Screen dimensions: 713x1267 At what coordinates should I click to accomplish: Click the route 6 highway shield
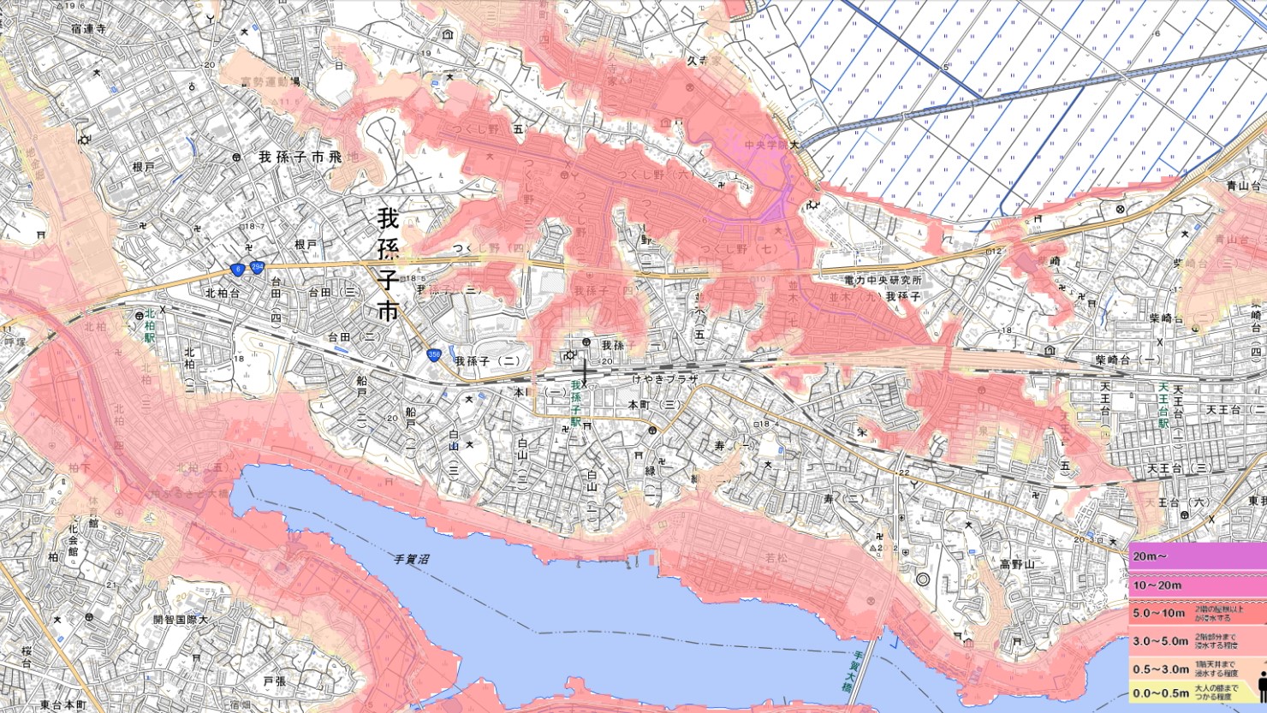(x=237, y=269)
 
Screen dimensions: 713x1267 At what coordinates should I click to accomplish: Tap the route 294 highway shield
(x=257, y=268)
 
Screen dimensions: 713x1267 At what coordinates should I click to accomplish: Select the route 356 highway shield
(x=435, y=354)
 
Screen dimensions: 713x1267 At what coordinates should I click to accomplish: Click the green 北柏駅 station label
(x=150, y=326)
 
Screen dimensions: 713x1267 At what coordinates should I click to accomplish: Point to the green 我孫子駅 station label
(x=575, y=404)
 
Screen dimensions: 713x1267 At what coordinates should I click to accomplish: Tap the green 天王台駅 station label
(x=1163, y=406)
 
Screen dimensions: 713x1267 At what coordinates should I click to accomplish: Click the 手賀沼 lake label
(x=411, y=559)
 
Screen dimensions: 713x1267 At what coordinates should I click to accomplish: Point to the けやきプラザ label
(x=665, y=378)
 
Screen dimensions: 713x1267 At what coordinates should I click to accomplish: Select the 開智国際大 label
(x=181, y=619)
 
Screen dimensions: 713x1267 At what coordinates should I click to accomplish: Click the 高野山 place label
(x=1017, y=564)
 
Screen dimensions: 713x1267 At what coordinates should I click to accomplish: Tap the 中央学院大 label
(x=771, y=145)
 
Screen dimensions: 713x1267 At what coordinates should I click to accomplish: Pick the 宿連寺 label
(x=89, y=28)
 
